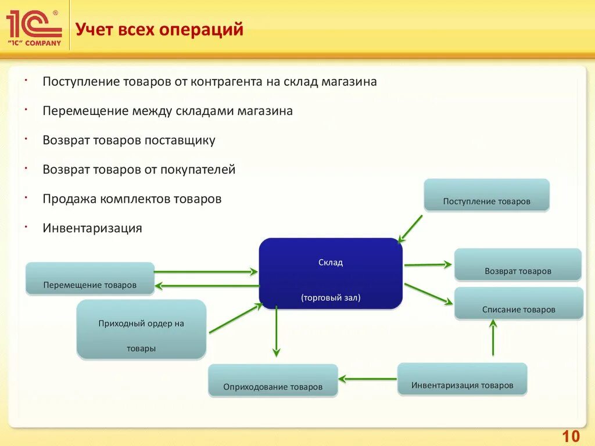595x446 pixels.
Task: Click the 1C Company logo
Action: coord(34,27)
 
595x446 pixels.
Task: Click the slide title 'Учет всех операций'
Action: coord(159,29)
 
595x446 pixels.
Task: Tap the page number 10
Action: coord(571,436)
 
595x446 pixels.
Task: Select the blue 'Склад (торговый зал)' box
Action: coord(330,273)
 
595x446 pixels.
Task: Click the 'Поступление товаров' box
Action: coord(486,195)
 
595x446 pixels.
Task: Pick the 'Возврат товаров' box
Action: coord(517,265)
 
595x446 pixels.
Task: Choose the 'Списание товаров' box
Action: coord(518,303)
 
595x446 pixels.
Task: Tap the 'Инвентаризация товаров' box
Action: coord(462,379)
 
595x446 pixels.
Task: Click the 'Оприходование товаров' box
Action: coord(273,380)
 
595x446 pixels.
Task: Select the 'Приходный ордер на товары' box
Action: coord(141,329)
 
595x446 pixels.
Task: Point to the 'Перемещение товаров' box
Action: coord(89,278)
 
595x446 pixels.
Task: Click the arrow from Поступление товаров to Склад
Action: coord(411,227)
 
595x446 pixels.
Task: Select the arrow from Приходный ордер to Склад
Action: coord(235,318)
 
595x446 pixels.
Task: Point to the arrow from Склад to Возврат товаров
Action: coord(428,265)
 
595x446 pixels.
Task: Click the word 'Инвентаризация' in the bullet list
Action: coord(92,228)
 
